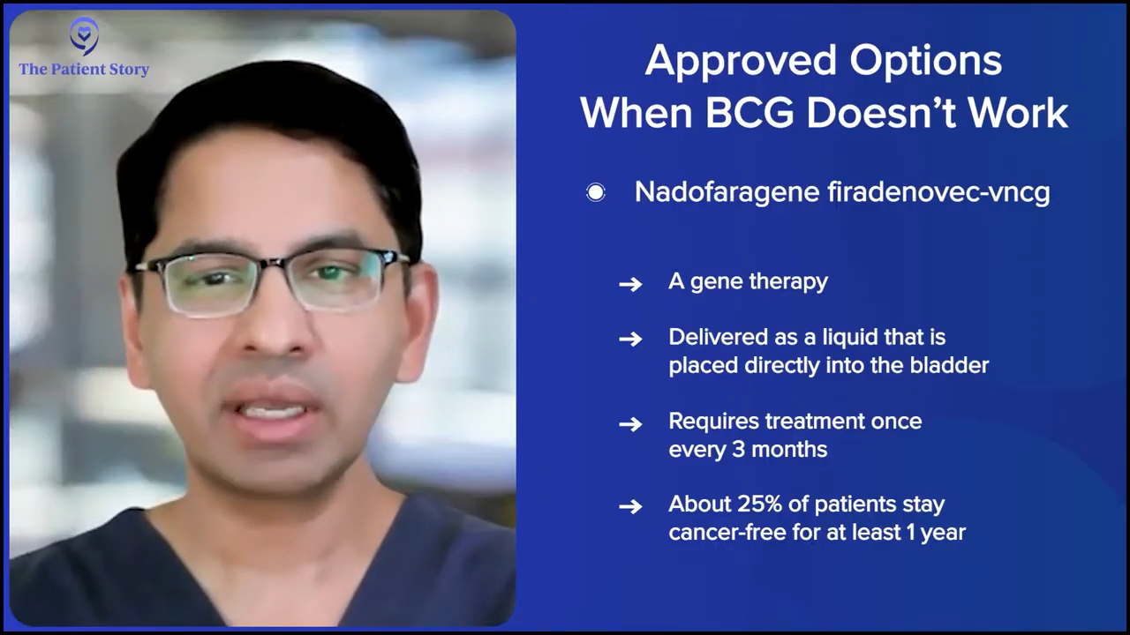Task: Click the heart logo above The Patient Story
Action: [84, 36]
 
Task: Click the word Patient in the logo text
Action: [79, 69]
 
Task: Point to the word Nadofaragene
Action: [727, 193]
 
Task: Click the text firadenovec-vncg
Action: [938, 192]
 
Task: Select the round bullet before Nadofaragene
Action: [596, 192]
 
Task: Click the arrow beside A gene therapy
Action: [630, 284]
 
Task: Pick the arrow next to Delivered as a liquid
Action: [630, 340]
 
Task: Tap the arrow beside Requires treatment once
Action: [630, 424]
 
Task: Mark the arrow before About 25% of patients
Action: [630, 506]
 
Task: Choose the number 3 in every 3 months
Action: [738, 449]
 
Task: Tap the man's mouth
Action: [274, 411]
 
